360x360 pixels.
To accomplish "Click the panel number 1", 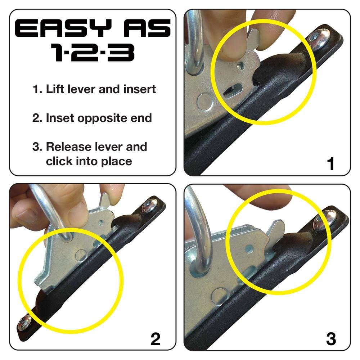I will point(330,164).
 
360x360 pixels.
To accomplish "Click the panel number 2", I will point(155,339).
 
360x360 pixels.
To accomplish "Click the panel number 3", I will point(330,339).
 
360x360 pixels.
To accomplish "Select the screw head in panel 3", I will point(324,220).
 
